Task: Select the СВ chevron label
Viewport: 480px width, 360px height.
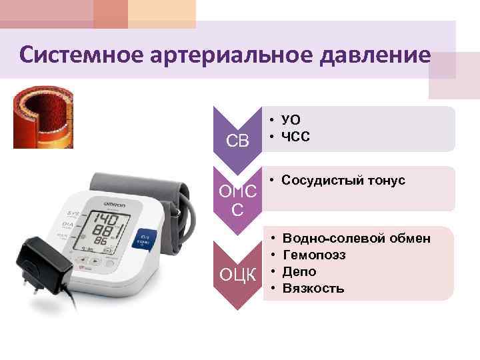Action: pos(237,141)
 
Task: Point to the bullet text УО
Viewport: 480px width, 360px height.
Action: pos(291,120)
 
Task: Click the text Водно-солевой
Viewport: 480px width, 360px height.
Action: pos(327,238)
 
